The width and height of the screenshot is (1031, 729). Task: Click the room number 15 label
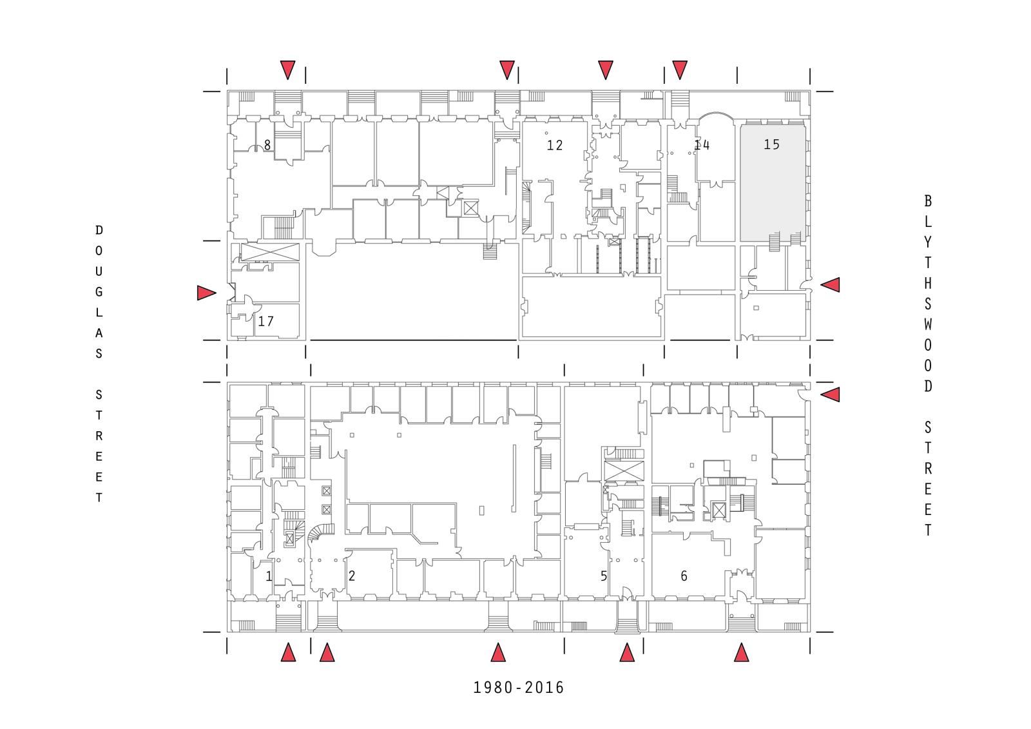pos(771,144)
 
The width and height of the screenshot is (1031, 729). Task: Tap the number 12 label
pos(555,146)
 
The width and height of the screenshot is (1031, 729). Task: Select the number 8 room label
pos(267,145)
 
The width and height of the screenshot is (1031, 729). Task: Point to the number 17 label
pos(265,321)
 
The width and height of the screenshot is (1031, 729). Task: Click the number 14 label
pos(702,145)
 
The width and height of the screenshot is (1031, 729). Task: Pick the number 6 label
pos(684,576)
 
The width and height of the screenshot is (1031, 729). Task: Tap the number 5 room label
pos(604,576)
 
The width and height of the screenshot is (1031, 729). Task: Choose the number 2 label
pos(352,576)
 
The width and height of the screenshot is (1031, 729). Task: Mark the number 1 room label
pos(269,576)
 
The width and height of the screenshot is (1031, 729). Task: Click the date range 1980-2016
pos(519,688)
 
